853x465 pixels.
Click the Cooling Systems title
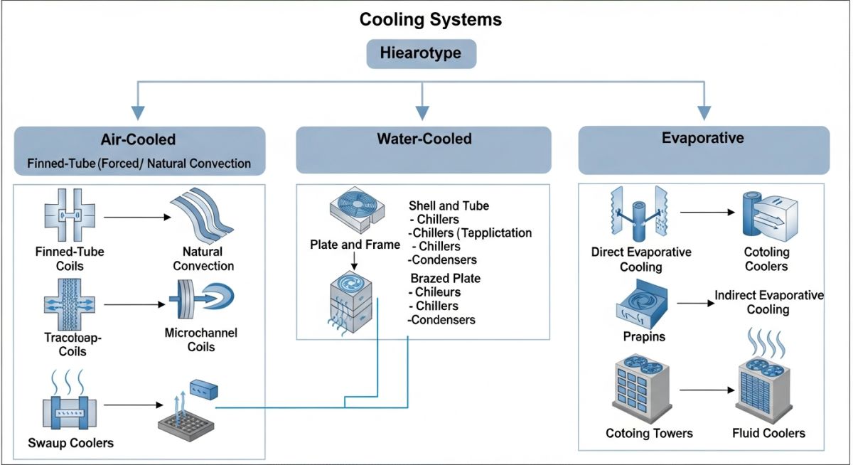[430, 19]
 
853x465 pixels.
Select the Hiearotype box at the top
[422, 54]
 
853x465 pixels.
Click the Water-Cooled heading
[424, 139]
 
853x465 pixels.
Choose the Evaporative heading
[702, 138]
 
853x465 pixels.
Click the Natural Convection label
[203, 259]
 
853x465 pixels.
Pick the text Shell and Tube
[449, 206]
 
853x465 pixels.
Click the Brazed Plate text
[445, 278]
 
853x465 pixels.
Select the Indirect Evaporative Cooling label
[768, 302]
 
